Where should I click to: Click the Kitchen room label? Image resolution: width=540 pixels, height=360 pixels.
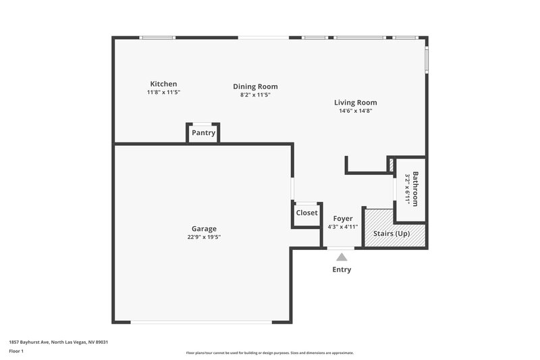[163, 84]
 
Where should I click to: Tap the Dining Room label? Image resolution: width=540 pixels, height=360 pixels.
[255, 86]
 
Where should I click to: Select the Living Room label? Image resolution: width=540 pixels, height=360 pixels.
[355, 103]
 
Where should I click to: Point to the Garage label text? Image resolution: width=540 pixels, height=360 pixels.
[203, 228]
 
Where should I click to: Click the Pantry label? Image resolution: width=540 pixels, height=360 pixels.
[203, 133]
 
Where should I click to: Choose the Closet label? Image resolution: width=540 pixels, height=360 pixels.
[306, 213]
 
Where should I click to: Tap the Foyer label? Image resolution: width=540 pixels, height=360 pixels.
[343, 219]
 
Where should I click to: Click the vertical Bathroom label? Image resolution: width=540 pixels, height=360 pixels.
[416, 189]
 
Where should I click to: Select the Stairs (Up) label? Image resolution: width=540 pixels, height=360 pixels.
[391, 234]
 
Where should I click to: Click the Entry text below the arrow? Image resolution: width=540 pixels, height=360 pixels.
[342, 269]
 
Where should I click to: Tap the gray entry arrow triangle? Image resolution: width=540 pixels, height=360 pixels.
[342, 257]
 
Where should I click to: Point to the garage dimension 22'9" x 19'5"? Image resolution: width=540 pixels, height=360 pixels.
[203, 237]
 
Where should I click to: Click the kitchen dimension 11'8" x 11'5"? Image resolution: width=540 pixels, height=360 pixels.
[163, 92]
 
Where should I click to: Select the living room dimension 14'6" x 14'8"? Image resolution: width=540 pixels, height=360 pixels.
[355, 111]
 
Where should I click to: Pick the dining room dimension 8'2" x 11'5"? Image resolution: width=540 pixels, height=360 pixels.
[255, 95]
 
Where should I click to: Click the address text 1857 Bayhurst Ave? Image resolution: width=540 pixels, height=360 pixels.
[58, 342]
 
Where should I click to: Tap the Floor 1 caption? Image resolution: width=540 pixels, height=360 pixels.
[17, 351]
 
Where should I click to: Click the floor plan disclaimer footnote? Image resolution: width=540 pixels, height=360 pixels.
[269, 353]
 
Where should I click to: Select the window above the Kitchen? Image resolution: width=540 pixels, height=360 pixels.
[157, 37]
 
